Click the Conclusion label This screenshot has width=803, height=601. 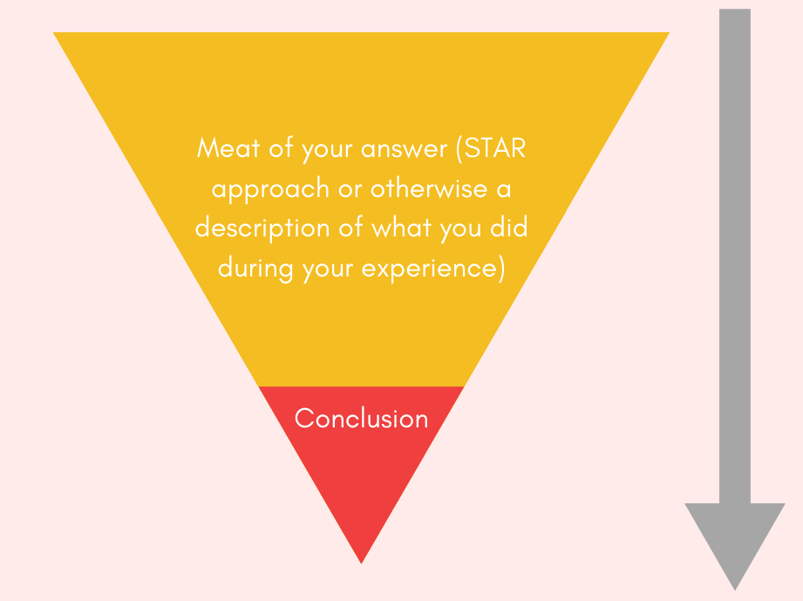[x=361, y=419]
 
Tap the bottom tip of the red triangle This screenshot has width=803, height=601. [x=361, y=559]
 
